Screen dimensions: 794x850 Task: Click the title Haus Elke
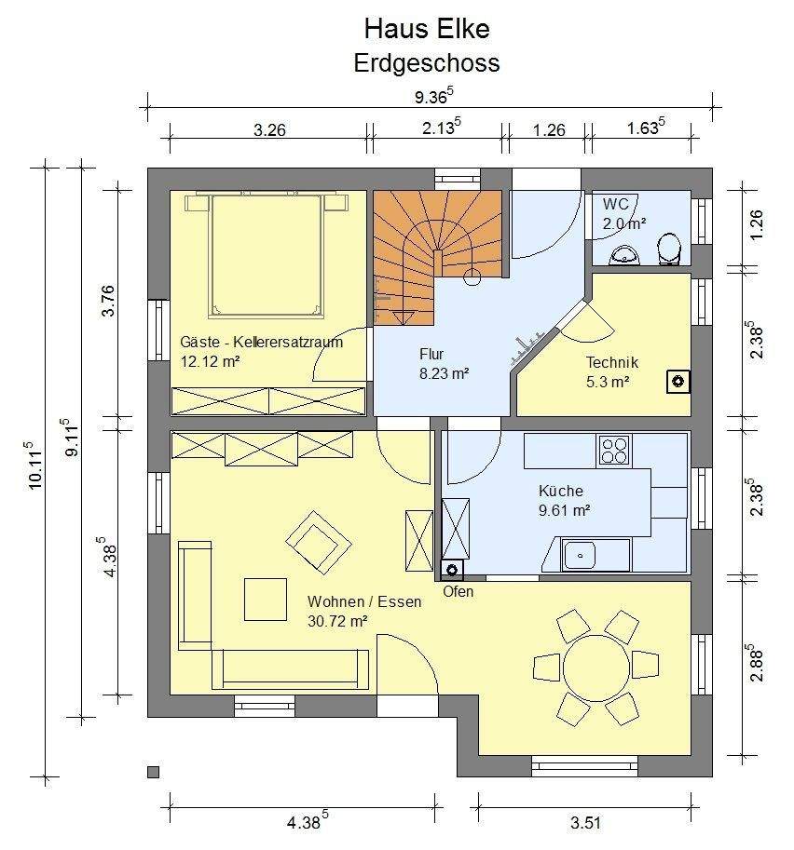[427, 29]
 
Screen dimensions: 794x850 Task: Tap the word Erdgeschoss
[427, 63]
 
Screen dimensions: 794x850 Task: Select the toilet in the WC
[669, 250]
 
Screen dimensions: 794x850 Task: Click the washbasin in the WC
[625, 255]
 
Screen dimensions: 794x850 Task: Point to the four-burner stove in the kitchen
[614, 451]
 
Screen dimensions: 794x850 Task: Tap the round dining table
[596, 668]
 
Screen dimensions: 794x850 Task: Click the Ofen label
[459, 591]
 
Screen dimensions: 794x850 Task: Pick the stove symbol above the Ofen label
[452, 569]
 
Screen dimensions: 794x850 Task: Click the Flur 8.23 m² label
[444, 364]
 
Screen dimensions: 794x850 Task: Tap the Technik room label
[611, 362]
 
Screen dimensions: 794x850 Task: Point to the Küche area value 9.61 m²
[565, 510]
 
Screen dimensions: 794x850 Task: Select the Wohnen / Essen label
[364, 601]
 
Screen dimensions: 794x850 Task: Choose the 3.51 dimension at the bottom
[585, 823]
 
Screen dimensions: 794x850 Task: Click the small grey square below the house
[154, 772]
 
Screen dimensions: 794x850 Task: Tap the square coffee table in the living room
[266, 599]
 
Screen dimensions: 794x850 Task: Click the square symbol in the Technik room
[678, 382]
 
